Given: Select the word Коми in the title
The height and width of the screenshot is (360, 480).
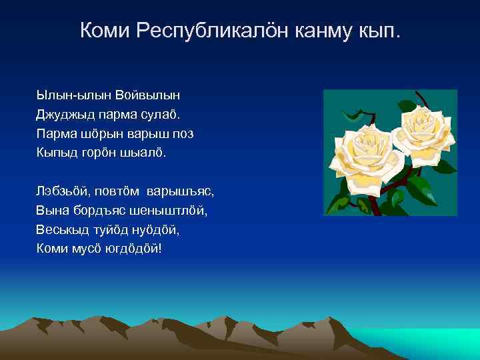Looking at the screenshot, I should point(105,31).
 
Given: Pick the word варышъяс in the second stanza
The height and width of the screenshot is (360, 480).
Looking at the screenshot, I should point(180,191).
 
